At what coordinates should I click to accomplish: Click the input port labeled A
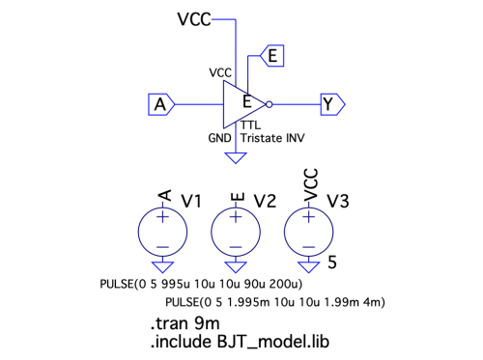pyautogui.click(x=161, y=104)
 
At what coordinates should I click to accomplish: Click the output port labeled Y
pyautogui.click(x=332, y=104)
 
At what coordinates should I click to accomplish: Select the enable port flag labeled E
pyautogui.click(x=272, y=56)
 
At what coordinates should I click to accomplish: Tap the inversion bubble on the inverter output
pyautogui.click(x=270, y=104)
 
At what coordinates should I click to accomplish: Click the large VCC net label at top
pyautogui.click(x=194, y=19)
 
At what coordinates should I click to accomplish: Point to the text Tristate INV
pyautogui.click(x=272, y=138)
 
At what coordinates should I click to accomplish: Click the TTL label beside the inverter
pyautogui.click(x=251, y=125)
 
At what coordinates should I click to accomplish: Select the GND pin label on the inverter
pyautogui.click(x=219, y=138)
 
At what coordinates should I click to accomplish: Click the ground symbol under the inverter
pyautogui.click(x=236, y=158)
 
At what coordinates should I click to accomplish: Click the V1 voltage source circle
pyautogui.click(x=162, y=232)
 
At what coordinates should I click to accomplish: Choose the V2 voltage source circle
pyautogui.click(x=236, y=232)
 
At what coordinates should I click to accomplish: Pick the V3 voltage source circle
pyautogui.click(x=309, y=232)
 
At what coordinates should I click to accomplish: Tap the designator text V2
pyautogui.click(x=265, y=201)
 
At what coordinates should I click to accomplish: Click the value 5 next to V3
pyautogui.click(x=332, y=263)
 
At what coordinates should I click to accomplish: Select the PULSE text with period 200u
pyautogui.click(x=201, y=284)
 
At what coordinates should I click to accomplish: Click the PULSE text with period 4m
pyautogui.click(x=275, y=302)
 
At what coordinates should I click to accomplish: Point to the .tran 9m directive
pyautogui.click(x=185, y=323)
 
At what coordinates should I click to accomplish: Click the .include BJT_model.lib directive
pyautogui.click(x=240, y=342)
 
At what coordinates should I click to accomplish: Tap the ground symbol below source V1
pyautogui.click(x=162, y=267)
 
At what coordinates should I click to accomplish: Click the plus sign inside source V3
pyautogui.click(x=309, y=217)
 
